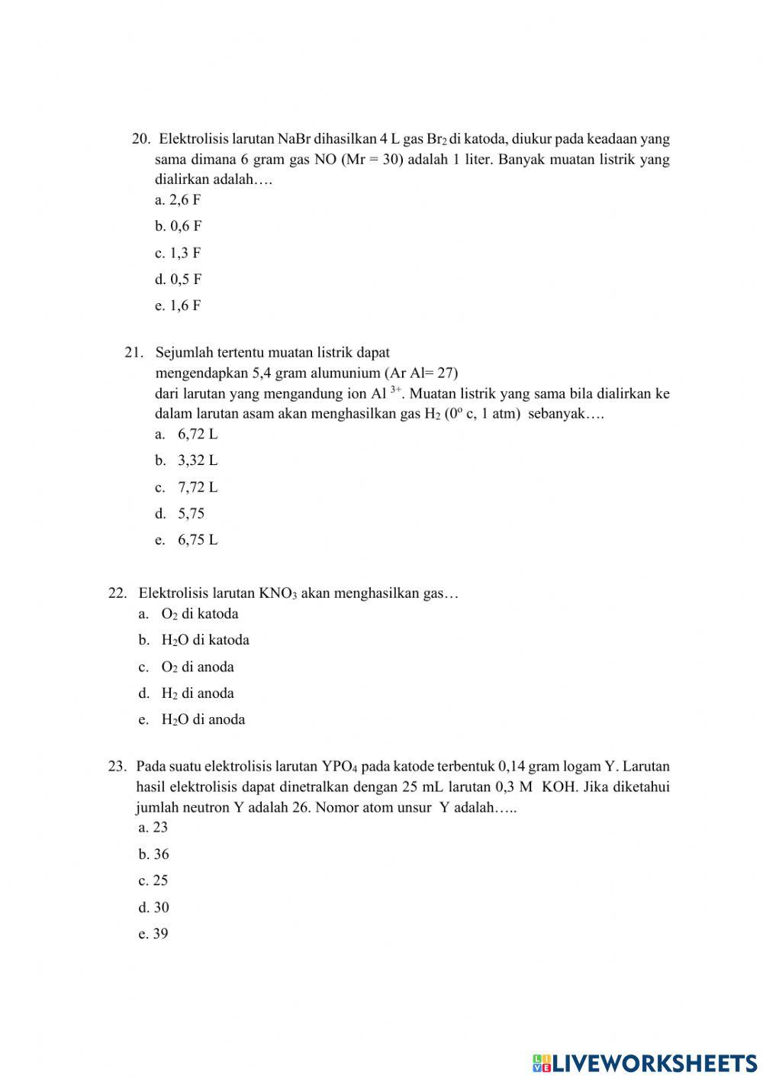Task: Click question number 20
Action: pyautogui.click(x=141, y=139)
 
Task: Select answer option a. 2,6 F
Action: pyautogui.click(x=178, y=200)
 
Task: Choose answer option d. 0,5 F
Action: pyautogui.click(x=178, y=279)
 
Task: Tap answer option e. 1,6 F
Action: pyautogui.click(x=178, y=306)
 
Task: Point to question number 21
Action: pyautogui.click(x=134, y=353)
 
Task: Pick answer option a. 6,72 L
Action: pyautogui.click(x=186, y=435)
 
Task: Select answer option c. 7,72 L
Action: pyautogui.click(x=186, y=487)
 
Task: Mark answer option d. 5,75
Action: pyautogui.click(x=180, y=514)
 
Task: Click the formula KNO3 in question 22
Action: pyautogui.click(x=278, y=593)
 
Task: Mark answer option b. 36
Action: pyautogui.click(x=153, y=854)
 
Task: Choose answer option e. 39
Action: pyautogui.click(x=153, y=934)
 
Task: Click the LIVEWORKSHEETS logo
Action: pyautogui.click(x=645, y=1062)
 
